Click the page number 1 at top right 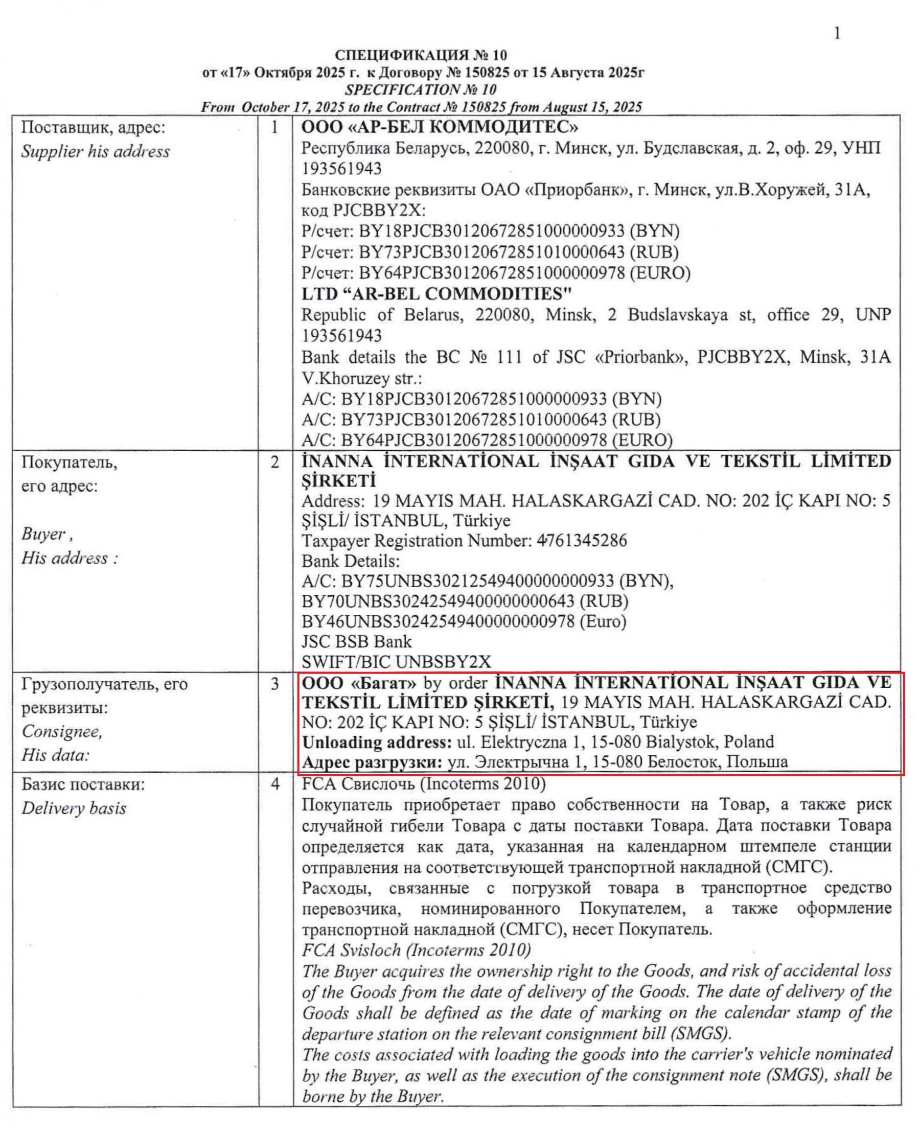click(x=837, y=33)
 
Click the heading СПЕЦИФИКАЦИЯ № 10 click(x=421, y=55)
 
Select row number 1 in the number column click(x=274, y=128)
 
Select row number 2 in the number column click(x=274, y=462)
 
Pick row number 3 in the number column click(x=274, y=684)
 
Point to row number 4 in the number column click(x=274, y=783)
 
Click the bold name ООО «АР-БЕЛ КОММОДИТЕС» click(x=440, y=127)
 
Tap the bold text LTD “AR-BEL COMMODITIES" click(x=436, y=293)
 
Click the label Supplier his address click(x=96, y=152)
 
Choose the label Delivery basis click(x=74, y=808)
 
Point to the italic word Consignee click(x=61, y=731)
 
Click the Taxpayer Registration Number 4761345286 click(x=581, y=541)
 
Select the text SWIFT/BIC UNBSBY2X click(x=396, y=662)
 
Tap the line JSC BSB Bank click(x=356, y=642)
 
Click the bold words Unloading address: click(x=377, y=742)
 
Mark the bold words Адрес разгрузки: click(x=372, y=762)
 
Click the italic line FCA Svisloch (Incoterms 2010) click(x=416, y=950)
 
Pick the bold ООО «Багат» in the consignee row click(x=359, y=682)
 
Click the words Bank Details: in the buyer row click(x=350, y=561)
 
